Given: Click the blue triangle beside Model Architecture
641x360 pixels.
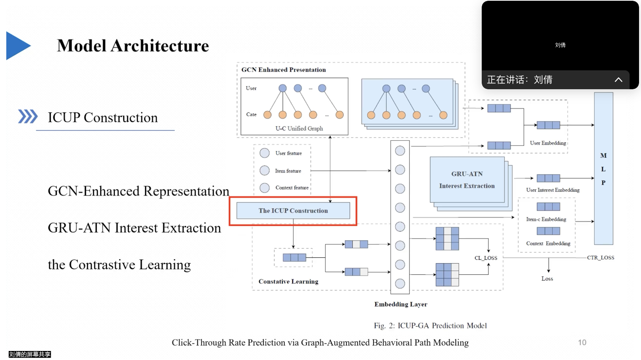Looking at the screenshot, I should pyautogui.click(x=17, y=46).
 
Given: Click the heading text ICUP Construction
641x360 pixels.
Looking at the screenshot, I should pyautogui.click(x=103, y=118).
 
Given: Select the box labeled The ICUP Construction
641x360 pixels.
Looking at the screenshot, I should pyautogui.click(x=293, y=211).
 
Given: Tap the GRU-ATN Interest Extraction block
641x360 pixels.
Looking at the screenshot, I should pyautogui.click(x=467, y=180).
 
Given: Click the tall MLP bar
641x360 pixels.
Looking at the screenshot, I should pyautogui.click(x=603, y=169).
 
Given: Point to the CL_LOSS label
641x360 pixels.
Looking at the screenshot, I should pyautogui.click(x=486, y=258).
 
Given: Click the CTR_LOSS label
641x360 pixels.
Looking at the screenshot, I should pyautogui.click(x=600, y=258).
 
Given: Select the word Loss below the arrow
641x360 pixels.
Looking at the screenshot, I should pyautogui.click(x=547, y=279).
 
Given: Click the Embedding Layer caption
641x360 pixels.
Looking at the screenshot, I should pyautogui.click(x=400, y=304).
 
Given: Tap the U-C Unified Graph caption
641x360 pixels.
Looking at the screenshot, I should pyautogui.click(x=299, y=129).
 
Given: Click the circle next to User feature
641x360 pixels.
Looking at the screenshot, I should pyautogui.click(x=265, y=153).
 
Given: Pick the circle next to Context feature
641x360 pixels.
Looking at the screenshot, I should pyautogui.click(x=265, y=188).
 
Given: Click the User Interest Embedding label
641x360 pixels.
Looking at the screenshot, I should pyautogui.click(x=553, y=190).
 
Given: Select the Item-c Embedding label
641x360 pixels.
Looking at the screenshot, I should pyautogui.click(x=546, y=219).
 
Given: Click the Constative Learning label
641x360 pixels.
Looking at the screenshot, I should pyautogui.click(x=288, y=281).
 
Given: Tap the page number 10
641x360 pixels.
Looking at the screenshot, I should pyautogui.click(x=582, y=342).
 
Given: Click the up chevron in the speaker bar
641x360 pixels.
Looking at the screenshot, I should pyautogui.click(x=618, y=80).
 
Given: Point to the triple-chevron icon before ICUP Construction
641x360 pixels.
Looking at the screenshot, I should pyautogui.click(x=28, y=117).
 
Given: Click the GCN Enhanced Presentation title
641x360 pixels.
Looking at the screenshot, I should pyautogui.click(x=284, y=70).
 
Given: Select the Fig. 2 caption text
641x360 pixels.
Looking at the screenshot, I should pyautogui.click(x=430, y=325).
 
